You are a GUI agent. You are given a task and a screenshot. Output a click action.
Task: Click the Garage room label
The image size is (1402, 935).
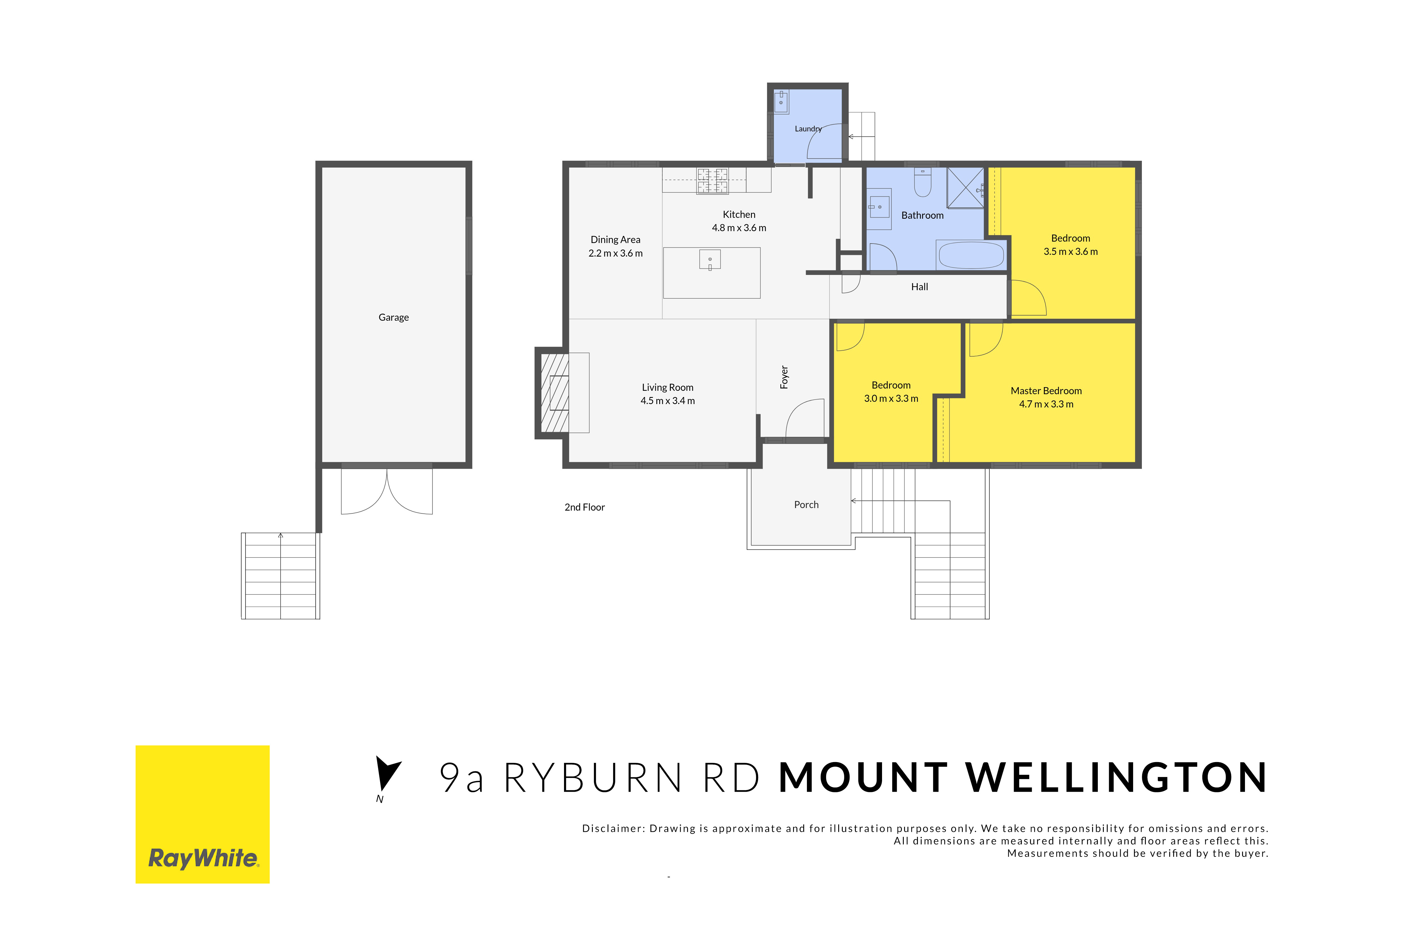click(393, 317)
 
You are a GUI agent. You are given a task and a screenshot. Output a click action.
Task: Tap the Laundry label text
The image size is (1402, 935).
click(808, 129)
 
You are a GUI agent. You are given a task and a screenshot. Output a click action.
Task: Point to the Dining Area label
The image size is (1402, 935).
click(615, 240)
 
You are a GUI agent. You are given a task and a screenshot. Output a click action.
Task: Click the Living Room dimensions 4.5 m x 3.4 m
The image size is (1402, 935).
click(668, 401)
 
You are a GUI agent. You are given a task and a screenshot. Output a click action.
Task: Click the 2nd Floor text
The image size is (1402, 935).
click(584, 507)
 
